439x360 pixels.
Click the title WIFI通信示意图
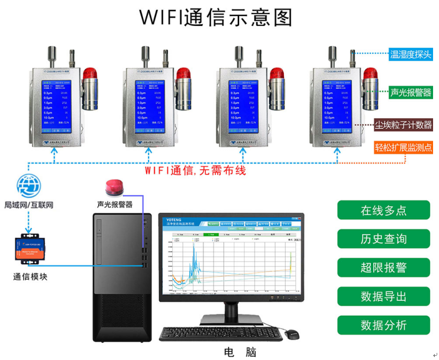[x=216, y=17]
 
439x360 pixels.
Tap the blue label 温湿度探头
[x=411, y=55]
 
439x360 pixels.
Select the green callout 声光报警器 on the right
[x=411, y=93]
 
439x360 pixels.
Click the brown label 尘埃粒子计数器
[x=404, y=125]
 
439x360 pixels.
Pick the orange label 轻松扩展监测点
[x=404, y=147]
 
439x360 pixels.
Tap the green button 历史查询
[x=383, y=239]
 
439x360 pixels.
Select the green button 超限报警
[x=383, y=268]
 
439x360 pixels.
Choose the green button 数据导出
[x=383, y=296]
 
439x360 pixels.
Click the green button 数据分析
[x=383, y=325]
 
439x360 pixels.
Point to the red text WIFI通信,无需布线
[x=195, y=170]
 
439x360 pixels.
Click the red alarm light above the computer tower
[x=114, y=187]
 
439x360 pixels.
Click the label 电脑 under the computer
[x=240, y=352]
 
